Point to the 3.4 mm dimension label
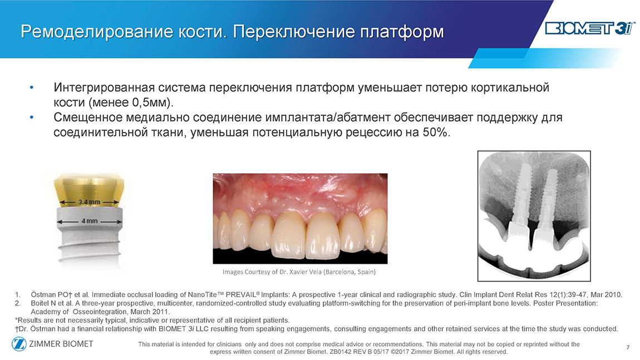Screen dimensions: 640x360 click(x=89, y=202)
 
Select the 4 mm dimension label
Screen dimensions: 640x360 click(x=90, y=221)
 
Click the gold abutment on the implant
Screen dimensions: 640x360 click(x=90, y=191)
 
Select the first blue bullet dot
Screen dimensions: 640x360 click(x=31, y=88)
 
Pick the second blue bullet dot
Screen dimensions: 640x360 click(x=31, y=117)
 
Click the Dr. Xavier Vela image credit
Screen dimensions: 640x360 click(x=299, y=272)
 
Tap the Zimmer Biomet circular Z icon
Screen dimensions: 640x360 click(x=19, y=344)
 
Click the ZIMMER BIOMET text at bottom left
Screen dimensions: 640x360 click(x=61, y=344)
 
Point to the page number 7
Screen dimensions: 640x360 click(x=628, y=347)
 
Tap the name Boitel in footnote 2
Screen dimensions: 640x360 click(x=40, y=303)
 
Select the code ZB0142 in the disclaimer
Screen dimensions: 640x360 click(x=339, y=352)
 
